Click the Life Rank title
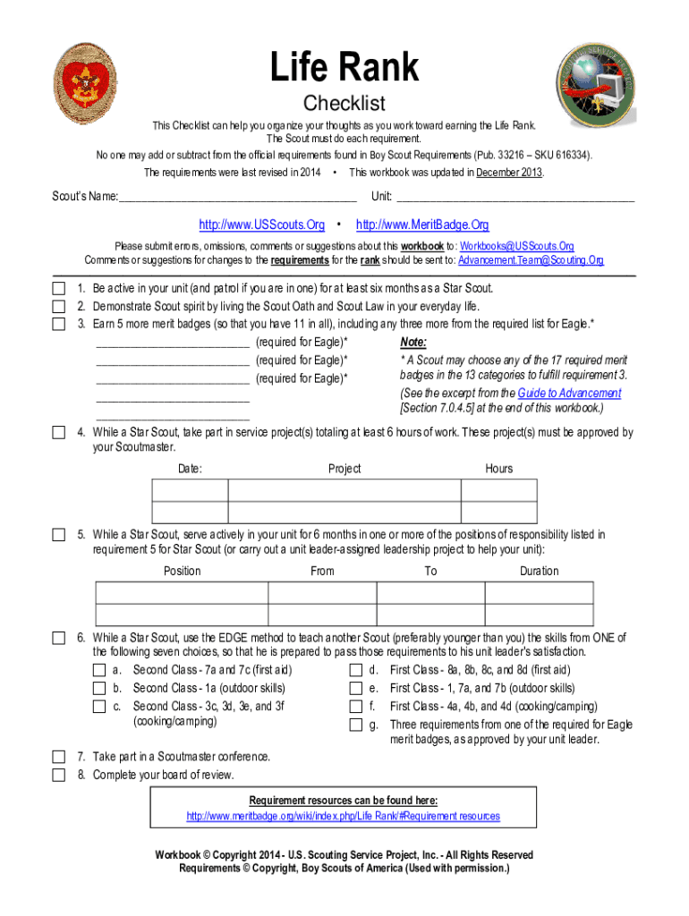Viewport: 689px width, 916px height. [344, 68]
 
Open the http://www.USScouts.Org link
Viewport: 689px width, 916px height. [261, 225]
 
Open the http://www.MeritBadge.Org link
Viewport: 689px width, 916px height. [422, 225]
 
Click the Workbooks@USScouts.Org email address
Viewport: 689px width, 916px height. [516, 246]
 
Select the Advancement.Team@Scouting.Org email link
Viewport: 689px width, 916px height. [531, 260]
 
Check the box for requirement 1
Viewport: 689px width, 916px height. [58, 289]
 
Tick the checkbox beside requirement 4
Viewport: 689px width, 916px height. [58, 433]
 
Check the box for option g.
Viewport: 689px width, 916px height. [355, 725]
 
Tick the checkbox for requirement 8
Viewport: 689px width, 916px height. [58, 775]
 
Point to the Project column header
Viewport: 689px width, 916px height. [344, 469]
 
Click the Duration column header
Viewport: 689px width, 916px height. [539, 571]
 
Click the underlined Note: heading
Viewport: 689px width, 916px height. [413, 343]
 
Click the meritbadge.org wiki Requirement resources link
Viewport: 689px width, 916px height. [343, 816]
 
